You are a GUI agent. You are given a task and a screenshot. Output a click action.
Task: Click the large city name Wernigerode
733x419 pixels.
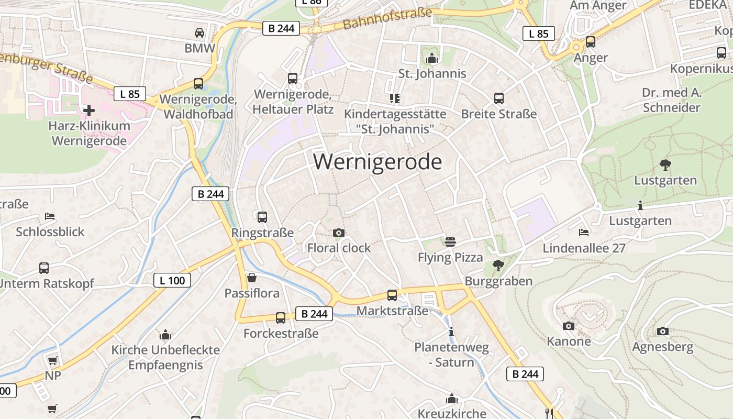[377, 162]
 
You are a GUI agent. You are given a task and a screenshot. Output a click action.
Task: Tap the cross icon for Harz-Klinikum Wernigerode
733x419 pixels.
[89, 111]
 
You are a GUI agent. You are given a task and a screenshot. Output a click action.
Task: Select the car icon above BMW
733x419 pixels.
[199, 33]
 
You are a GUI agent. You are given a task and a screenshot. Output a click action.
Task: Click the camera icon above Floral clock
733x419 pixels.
[339, 233]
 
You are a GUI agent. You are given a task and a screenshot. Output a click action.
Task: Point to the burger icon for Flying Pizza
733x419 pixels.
[450, 241]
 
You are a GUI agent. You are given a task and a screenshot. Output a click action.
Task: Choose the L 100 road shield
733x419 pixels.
[172, 280]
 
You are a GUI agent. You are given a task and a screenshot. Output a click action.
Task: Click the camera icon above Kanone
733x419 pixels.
[569, 326]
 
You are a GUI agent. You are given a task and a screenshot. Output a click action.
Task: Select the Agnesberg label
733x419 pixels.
[662, 347]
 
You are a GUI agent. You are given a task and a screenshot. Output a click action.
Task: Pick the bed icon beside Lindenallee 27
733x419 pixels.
[584, 232]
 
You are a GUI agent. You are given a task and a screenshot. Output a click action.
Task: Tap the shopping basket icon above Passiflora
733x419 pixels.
[252, 277]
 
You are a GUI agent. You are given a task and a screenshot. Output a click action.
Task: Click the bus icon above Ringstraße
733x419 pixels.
[262, 217]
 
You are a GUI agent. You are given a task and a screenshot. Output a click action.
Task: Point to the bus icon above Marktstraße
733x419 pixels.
[392, 295]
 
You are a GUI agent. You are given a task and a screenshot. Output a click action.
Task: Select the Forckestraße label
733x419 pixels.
[281, 333]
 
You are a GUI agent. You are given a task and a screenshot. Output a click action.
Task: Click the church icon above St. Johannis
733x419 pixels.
[432, 58]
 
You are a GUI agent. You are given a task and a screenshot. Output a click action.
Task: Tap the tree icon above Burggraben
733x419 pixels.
[498, 266]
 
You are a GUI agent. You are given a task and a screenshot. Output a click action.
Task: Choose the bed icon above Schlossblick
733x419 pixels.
[50, 216]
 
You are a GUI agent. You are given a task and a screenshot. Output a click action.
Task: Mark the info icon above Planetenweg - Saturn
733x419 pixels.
[451, 332]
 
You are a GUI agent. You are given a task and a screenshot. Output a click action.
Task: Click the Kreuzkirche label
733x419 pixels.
[452, 413]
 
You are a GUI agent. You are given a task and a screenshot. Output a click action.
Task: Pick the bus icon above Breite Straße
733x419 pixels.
[499, 98]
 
